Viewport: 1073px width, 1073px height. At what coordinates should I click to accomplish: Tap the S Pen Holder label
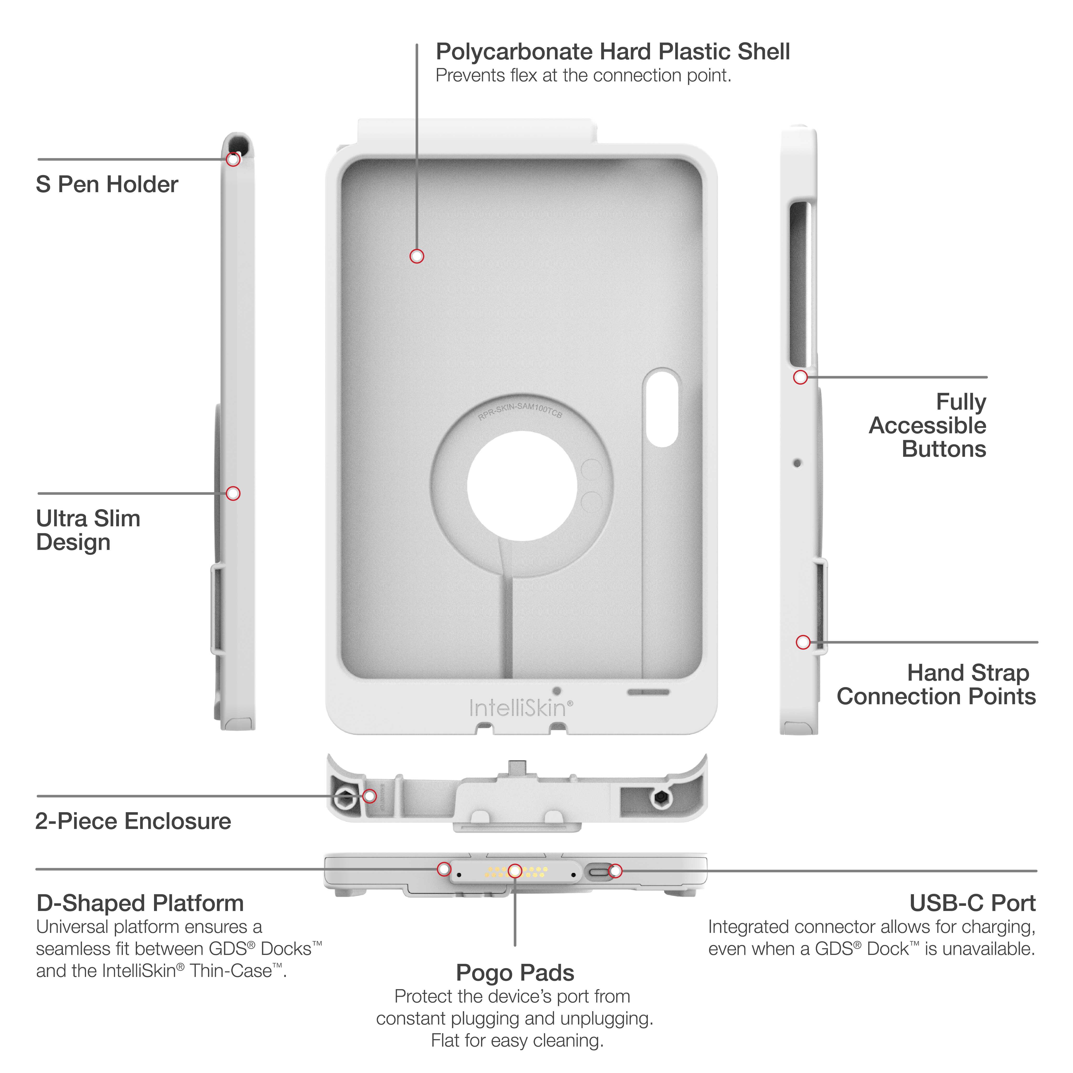point(107,184)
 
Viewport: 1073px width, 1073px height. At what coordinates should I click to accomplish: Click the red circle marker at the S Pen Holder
point(233,159)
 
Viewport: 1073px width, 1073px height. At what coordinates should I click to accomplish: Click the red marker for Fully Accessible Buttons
point(800,377)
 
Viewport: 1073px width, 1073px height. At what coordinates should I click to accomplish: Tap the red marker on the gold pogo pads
point(515,871)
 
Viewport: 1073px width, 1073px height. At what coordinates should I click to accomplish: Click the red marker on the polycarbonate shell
point(417,256)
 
